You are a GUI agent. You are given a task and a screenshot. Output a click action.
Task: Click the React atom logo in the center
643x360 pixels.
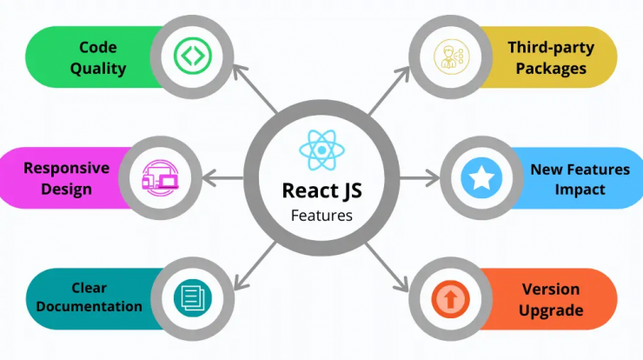[321, 150]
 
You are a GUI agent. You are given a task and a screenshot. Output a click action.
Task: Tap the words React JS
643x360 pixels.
[321, 191]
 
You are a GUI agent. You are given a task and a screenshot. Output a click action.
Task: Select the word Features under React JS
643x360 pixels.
[321, 216]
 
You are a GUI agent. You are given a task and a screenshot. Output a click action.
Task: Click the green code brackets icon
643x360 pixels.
[192, 56]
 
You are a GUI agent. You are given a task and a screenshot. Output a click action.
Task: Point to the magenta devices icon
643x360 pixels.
[161, 178]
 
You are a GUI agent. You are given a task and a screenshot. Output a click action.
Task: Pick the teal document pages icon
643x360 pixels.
[193, 297]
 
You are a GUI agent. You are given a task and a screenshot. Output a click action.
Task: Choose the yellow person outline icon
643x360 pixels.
[451, 57]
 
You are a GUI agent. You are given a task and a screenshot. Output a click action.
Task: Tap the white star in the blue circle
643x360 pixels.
[481, 178]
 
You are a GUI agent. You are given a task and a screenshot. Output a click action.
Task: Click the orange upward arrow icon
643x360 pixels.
[451, 299]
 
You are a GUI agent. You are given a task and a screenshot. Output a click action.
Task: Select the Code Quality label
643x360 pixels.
[98, 58]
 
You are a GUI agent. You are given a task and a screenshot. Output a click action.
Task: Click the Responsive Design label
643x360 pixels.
[66, 178]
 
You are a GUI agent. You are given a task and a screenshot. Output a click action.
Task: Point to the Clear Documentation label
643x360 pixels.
[89, 297]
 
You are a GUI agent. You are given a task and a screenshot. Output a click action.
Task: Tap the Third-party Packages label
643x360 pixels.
[551, 58]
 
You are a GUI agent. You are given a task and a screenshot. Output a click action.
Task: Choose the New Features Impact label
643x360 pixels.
[580, 179]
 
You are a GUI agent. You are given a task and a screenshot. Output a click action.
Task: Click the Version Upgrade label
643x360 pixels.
[551, 300]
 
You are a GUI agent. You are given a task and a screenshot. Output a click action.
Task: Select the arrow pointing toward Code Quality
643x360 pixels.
[255, 89]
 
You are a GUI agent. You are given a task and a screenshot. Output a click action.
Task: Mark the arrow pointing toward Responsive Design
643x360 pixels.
[223, 178]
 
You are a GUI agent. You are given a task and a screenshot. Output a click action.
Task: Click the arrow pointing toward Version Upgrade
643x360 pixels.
[388, 268]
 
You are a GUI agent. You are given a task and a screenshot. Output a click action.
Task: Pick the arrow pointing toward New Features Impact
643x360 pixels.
[419, 178]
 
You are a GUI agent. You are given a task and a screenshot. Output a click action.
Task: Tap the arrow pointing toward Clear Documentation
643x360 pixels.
[255, 267]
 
